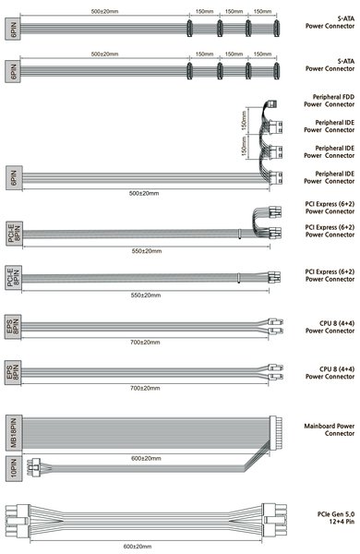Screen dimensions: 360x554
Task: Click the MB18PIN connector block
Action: tap(14, 433)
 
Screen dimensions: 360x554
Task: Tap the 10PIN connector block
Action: tap(14, 468)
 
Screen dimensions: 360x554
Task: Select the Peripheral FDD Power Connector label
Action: tap(329, 101)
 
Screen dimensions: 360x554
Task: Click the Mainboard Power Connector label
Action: tap(330, 429)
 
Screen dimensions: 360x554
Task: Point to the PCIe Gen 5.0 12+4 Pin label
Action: tap(336, 518)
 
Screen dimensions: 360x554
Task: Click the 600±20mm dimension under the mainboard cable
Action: tap(146, 458)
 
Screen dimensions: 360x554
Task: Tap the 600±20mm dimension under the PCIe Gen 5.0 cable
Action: tap(138, 547)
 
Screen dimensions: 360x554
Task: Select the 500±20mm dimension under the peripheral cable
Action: tap(144, 193)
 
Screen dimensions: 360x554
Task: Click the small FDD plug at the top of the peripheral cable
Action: tap(271, 104)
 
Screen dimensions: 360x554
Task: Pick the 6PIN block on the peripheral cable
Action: tap(14, 178)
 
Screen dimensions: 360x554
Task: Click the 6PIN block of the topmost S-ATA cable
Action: tap(13, 29)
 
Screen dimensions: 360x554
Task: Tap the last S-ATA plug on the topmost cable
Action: tap(276, 29)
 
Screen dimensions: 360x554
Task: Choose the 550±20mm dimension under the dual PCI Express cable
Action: tap(147, 251)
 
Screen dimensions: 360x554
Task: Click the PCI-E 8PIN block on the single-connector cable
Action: tap(14, 277)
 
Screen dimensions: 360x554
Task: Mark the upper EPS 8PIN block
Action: tap(13, 327)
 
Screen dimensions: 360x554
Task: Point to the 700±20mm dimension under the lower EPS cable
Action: tap(145, 388)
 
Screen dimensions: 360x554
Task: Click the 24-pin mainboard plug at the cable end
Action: tap(276, 433)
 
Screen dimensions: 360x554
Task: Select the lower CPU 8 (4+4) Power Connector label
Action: tap(330, 373)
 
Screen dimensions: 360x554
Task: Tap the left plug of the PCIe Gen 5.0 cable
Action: tap(18, 521)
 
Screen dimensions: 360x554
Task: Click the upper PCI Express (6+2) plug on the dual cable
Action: tap(275, 212)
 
